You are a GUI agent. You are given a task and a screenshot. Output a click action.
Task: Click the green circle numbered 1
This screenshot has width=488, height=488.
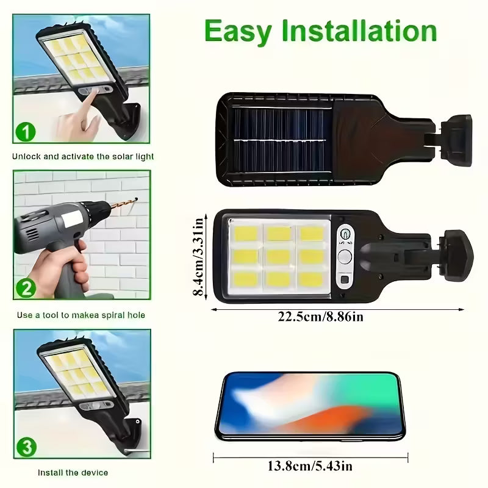[26, 131]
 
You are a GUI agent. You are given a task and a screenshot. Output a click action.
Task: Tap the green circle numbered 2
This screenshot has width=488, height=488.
[25, 287]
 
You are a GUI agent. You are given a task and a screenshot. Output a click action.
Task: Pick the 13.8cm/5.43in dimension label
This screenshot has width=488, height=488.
[310, 467]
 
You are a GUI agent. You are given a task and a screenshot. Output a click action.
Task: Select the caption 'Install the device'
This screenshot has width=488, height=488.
[73, 473]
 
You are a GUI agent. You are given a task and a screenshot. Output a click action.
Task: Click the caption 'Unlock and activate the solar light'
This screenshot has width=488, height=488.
[83, 157]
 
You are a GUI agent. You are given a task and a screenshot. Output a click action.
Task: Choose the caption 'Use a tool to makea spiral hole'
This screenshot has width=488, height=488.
[81, 315]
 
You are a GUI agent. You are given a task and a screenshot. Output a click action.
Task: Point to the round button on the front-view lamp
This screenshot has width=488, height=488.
[345, 256]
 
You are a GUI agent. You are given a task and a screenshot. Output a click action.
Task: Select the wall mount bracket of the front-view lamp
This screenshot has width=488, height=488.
[459, 254]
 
